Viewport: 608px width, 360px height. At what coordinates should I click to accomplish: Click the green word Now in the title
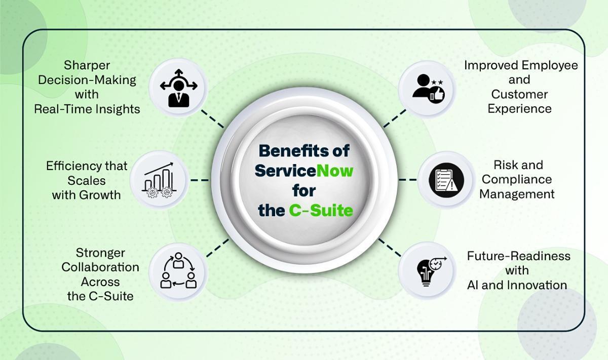pyautogui.click(x=334, y=171)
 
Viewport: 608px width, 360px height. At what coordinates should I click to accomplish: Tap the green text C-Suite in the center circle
pyautogui.click(x=321, y=210)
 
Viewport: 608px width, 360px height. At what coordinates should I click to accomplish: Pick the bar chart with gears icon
pyautogui.click(x=159, y=180)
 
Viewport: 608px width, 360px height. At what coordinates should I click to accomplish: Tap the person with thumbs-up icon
pyautogui.click(x=428, y=89)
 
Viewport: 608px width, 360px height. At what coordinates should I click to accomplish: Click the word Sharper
pyautogui.click(x=87, y=65)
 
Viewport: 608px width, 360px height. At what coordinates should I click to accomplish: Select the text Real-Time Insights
pyautogui.click(x=87, y=109)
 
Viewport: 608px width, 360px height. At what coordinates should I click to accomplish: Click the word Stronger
pyautogui.click(x=100, y=253)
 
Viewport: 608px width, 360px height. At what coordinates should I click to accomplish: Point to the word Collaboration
pyautogui.click(x=100, y=267)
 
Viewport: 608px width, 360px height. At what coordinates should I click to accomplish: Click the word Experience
pyautogui.click(x=519, y=109)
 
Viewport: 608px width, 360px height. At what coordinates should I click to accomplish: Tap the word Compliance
pyautogui.click(x=516, y=179)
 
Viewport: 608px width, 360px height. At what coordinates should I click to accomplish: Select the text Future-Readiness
pyautogui.click(x=518, y=256)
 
